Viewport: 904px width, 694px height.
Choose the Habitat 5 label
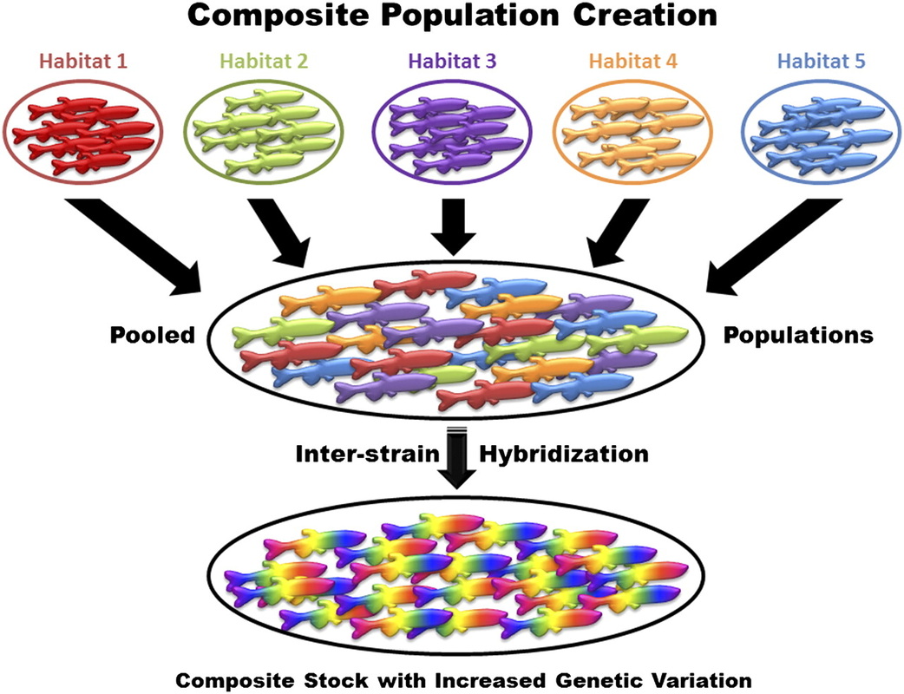coord(818,62)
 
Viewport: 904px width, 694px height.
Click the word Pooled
coord(150,335)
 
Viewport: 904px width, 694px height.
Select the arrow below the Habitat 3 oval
coord(453,228)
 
